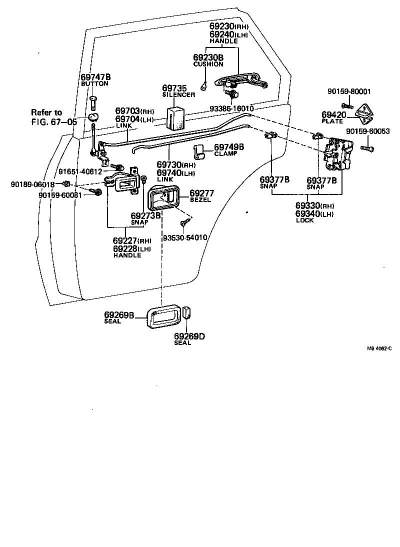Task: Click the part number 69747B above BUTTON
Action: pyautogui.click(x=95, y=77)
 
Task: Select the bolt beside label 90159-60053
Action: pyautogui.click(x=366, y=147)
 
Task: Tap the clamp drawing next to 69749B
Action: pyautogui.click(x=199, y=151)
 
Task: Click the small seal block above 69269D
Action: pyautogui.click(x=186, y=313)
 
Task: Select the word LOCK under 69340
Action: pyautogui.click(x=305, y=220)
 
